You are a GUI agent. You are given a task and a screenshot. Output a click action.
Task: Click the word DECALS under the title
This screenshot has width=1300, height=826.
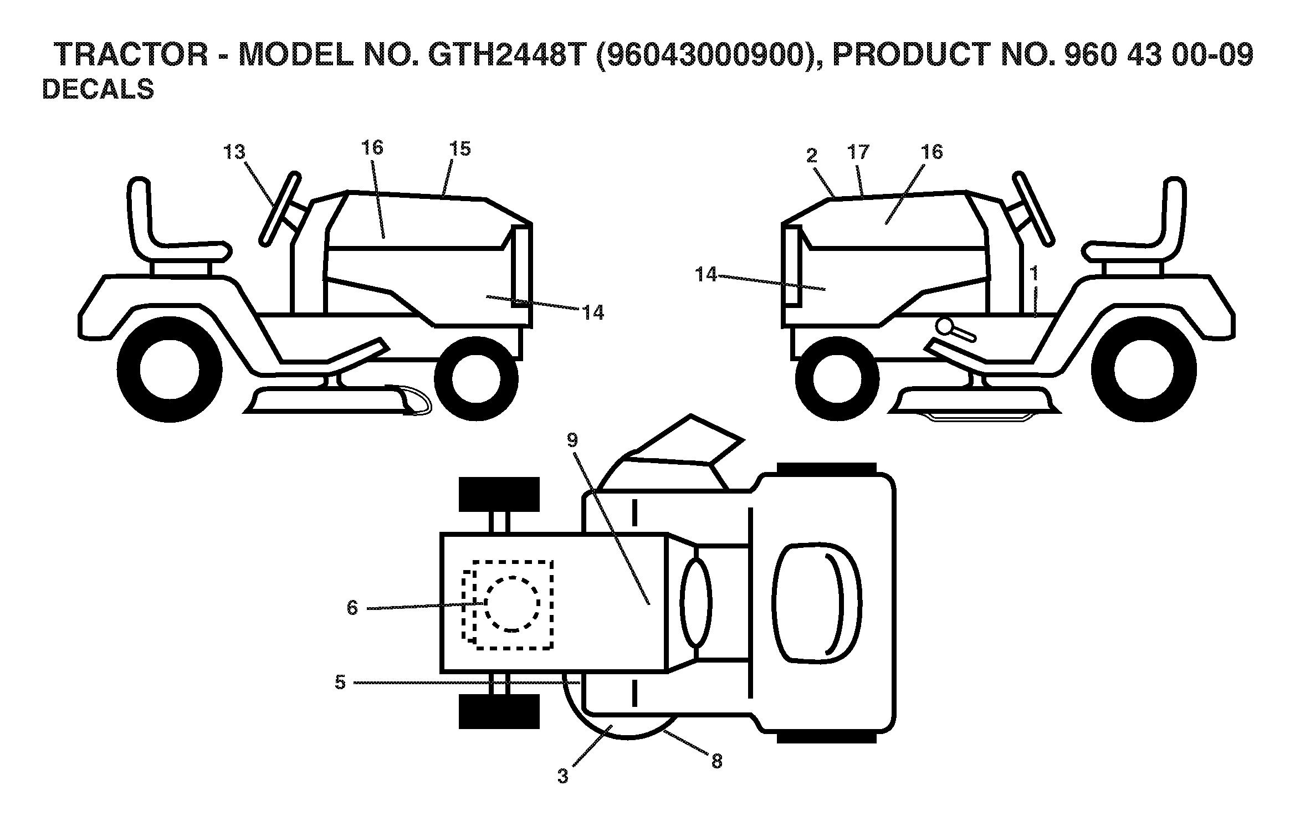(x=98, y=89)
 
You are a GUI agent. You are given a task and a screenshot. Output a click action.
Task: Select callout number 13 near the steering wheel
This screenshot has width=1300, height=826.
(x=234, y=152)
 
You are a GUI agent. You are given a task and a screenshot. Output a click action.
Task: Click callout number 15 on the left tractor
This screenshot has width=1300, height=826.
(x=460, y=148)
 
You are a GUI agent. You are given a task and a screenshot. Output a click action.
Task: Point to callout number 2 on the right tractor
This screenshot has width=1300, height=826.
(x=812, y=156)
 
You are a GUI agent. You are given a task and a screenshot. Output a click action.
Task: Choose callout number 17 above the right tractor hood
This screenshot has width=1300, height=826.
(x=858, y=152)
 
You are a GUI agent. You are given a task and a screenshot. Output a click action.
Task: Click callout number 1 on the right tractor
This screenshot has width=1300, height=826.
(x=1033, y=273)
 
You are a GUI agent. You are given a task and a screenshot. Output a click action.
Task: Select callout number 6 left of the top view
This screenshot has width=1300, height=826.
(x=352, y=608)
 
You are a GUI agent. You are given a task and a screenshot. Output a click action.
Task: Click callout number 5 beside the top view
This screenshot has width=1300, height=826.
(x=340, y=682)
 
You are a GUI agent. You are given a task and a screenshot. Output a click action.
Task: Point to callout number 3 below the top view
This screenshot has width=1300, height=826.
(x=563, y=776)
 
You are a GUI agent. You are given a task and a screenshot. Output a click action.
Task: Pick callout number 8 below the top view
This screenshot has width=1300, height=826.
(x=716, y=761)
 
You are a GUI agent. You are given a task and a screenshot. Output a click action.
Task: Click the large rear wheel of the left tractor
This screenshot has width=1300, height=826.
(x=170, y=370)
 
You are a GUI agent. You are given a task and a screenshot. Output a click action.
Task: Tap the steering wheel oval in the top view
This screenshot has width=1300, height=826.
(x=697, y=602)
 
